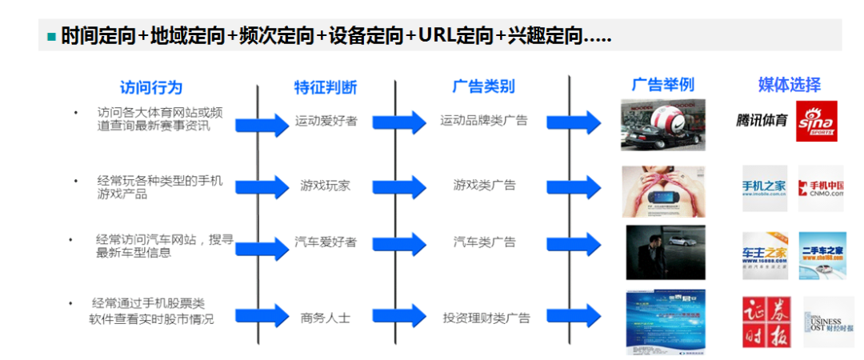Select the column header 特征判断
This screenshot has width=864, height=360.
click(x=326, y=87)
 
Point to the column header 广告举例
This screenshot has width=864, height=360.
click(x=662, y=85)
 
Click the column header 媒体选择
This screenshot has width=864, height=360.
click(x=789, y=85)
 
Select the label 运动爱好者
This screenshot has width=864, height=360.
click(x=326, y=121)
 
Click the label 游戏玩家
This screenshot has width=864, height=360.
click(x=326, y=186)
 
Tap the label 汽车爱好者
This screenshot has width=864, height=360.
click(x=326, y=242)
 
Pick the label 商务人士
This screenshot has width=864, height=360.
click(x=326, y=318)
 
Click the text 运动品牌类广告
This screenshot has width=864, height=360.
click(x=484, y=120)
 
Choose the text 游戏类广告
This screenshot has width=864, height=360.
click(x=484, y=186)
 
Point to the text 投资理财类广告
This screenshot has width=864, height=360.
click(x=486, y=318)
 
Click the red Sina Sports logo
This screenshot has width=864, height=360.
click(x=816, y=122)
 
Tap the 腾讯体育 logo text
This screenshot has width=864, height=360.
click(x=762, y=121)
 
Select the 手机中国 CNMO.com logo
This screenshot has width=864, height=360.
click(x=821, y=189)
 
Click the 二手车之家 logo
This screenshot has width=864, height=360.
click(x=822, y=254)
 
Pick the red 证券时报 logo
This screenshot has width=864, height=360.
click(x=764, y=322)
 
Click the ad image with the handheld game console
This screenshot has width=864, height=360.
click(x=663, y=192)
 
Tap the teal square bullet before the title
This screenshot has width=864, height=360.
click(x=52, y=37)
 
